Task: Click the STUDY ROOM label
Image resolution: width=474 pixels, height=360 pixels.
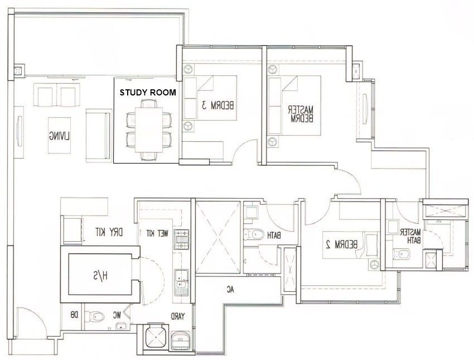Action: [148, 93]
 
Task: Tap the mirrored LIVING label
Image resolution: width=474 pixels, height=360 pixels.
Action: [59, 136]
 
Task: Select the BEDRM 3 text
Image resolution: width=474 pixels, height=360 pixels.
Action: [217, 105]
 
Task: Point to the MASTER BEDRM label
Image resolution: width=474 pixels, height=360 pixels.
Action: [301, 114]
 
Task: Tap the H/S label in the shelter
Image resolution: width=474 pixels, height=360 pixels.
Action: [100, 276]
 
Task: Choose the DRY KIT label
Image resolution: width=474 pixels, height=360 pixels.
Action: [109, 232]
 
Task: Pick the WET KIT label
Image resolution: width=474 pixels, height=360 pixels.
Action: [157, 233]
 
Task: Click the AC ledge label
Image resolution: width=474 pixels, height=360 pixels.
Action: [231, 290]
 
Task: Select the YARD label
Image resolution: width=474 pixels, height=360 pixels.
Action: [178, 316]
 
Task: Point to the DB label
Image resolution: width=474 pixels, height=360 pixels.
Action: [74, 315]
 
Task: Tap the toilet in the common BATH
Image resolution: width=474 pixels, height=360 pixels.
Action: [253, 234]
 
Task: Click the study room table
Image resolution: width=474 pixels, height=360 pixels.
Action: [148, 129]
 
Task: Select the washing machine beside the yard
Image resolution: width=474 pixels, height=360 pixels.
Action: [181, 340]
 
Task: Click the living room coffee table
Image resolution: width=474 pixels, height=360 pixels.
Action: [59, 135]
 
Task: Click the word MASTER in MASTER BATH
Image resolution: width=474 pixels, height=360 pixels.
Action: [410, 232]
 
